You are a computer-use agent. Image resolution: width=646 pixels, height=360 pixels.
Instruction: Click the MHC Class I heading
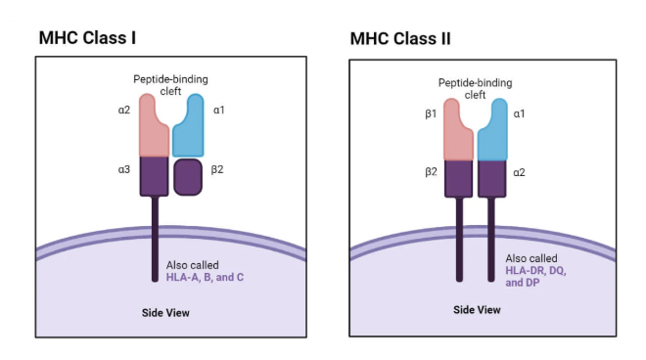pyautogui.click(x=86, y=38)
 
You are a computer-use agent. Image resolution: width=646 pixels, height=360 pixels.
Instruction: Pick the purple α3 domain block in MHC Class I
pyautogui.click(x=155, y=175)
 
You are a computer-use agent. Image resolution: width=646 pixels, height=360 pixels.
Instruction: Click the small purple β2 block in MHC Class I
pyautogui.click(x=188, y=177)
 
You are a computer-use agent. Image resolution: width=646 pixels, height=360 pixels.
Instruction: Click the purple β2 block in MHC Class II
pyautogui.click(x=459, y=178)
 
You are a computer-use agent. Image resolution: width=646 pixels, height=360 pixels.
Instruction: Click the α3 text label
pyautogui.click(x=124, y=170)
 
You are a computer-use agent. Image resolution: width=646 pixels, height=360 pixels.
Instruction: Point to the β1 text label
pyautogui.click(x=430, y=114)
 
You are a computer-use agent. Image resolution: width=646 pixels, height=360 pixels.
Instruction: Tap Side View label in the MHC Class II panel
pyautogui.click(x=477, y=310)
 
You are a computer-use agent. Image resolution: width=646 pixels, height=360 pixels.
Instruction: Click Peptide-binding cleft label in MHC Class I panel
pyautogui.click(x=170, y=84)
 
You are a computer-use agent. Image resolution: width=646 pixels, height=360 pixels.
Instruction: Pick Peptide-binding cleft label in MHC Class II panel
pyautogui.click(x=475, y=89)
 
